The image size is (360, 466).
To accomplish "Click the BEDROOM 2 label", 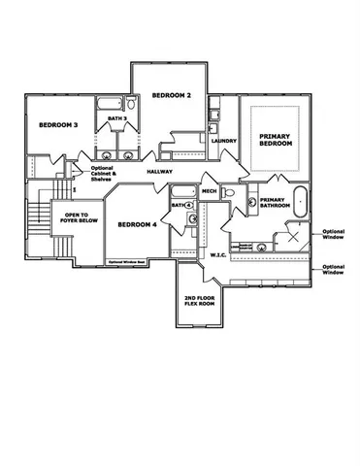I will (171, 95).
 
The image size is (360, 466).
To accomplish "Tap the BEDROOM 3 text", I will (58, 125).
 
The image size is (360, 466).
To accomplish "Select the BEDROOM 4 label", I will (138, 224).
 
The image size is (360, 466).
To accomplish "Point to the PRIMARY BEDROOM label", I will (276, 139).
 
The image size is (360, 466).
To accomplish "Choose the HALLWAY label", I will (160, 172).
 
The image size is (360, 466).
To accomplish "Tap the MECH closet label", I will (209, 190).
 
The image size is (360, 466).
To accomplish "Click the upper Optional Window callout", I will (332, 233).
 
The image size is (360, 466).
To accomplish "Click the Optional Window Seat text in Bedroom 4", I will (127, 261).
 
